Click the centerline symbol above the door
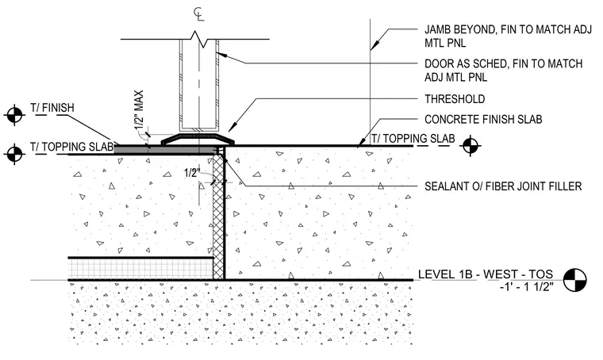tap(199, 13)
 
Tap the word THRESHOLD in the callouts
tap(455, 99)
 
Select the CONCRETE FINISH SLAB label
tap(483, 120)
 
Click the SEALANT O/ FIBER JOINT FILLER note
tap(503, 186)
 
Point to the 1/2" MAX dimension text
tap(139, 111)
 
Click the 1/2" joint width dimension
tap(192, 173)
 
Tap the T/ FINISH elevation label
tap(52, 108)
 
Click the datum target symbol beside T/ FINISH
tap(14, 114)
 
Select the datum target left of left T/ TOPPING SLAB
tap(14, 154)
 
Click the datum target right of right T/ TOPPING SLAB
tap(470, 146)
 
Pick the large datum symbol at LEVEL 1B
tap(575, 280)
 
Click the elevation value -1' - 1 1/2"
tap(527, 286)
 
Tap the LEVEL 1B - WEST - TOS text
tap(486, 274)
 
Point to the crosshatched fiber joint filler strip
tap(218, 215)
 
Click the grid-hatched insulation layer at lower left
tap(140, 269)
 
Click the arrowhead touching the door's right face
tap(221, 55)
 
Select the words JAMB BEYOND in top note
tap(457, 29)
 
